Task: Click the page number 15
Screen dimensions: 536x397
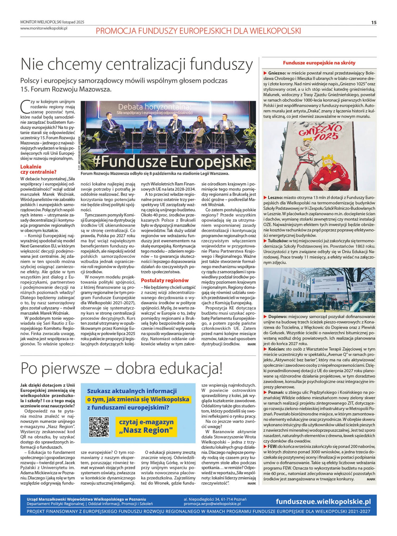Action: (x=374, y=23)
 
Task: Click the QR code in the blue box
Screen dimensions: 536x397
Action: (x=99, y=427)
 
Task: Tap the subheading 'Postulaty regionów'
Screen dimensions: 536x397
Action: (x=165, y=280)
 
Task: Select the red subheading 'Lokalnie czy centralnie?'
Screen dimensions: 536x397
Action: (x=38, y=169)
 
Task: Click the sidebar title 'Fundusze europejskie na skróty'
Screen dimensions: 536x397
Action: (x=319, y=63)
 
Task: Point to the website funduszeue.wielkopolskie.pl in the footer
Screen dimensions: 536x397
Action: (x=323, y=501)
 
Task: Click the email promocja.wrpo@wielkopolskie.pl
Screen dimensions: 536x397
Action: (x=212, y=504)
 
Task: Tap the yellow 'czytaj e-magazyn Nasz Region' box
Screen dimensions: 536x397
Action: (x=146, y=426)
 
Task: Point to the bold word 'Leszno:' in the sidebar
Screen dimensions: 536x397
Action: (x=275, y=198)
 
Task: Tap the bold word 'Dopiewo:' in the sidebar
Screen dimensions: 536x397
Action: (x=277, y=317)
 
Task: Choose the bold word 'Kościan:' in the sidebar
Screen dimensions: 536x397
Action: (x=276, y=349)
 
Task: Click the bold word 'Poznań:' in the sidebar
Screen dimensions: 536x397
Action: (x=276, y=392)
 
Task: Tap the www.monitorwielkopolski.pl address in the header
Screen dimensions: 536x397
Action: (x=44, y=28)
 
